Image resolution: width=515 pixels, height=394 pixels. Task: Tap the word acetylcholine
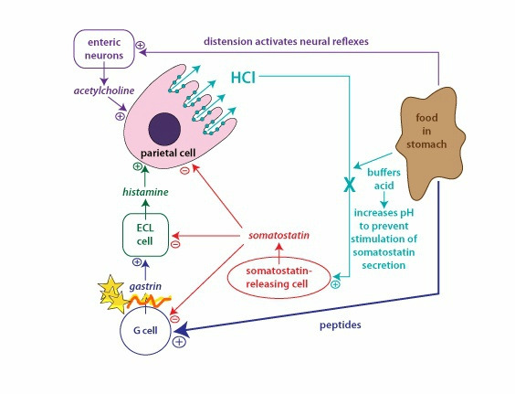[x=104, y=91]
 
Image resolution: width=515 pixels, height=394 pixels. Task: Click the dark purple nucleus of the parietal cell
[x=164, y=129]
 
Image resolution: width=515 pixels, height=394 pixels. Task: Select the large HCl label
[x=243, y=78]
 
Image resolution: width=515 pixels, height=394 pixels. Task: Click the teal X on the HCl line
[x=350, y=184]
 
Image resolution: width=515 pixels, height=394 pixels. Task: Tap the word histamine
[x=145, y=192]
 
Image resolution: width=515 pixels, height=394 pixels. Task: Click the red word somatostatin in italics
[x=279, y=236]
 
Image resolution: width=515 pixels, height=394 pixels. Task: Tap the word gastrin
[x=145, y=286]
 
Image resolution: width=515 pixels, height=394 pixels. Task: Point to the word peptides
[x=341, y=325]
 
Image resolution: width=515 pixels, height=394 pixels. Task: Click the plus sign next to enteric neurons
[x=141, y=45]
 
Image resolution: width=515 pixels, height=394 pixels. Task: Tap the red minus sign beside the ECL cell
[x=175, y=244]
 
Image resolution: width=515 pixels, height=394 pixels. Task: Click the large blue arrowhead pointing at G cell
[x=182, y=329]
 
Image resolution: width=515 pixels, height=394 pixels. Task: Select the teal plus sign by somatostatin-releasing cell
[x=335, y=284]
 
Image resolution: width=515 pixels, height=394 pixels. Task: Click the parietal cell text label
[x=168, y=153]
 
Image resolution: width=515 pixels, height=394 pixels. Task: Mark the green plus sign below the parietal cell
[x=137, y=166]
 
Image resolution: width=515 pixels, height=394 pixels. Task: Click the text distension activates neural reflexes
[x=286, y=41]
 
